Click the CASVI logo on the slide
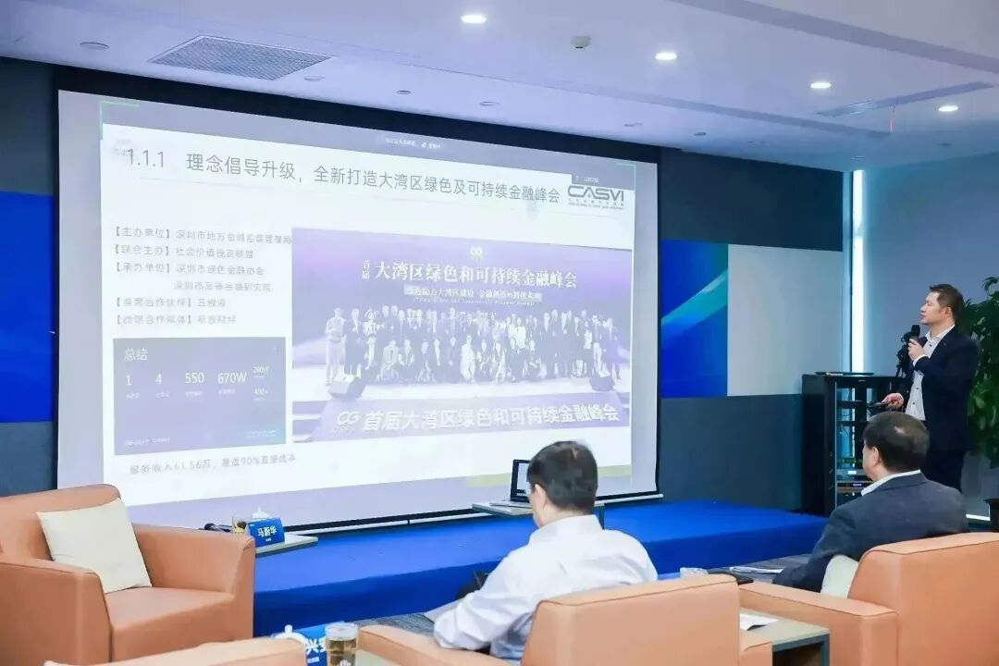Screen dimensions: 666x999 coord(595,195)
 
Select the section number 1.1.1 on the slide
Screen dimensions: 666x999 coord(145,159)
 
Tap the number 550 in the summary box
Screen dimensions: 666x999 coord(194,377)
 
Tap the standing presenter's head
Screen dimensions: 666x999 coord(946,305)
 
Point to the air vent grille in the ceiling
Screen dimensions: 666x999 coord(240,57)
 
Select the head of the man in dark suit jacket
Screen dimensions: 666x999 coord(894,443)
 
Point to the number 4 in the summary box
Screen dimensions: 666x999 coord(158,378)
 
